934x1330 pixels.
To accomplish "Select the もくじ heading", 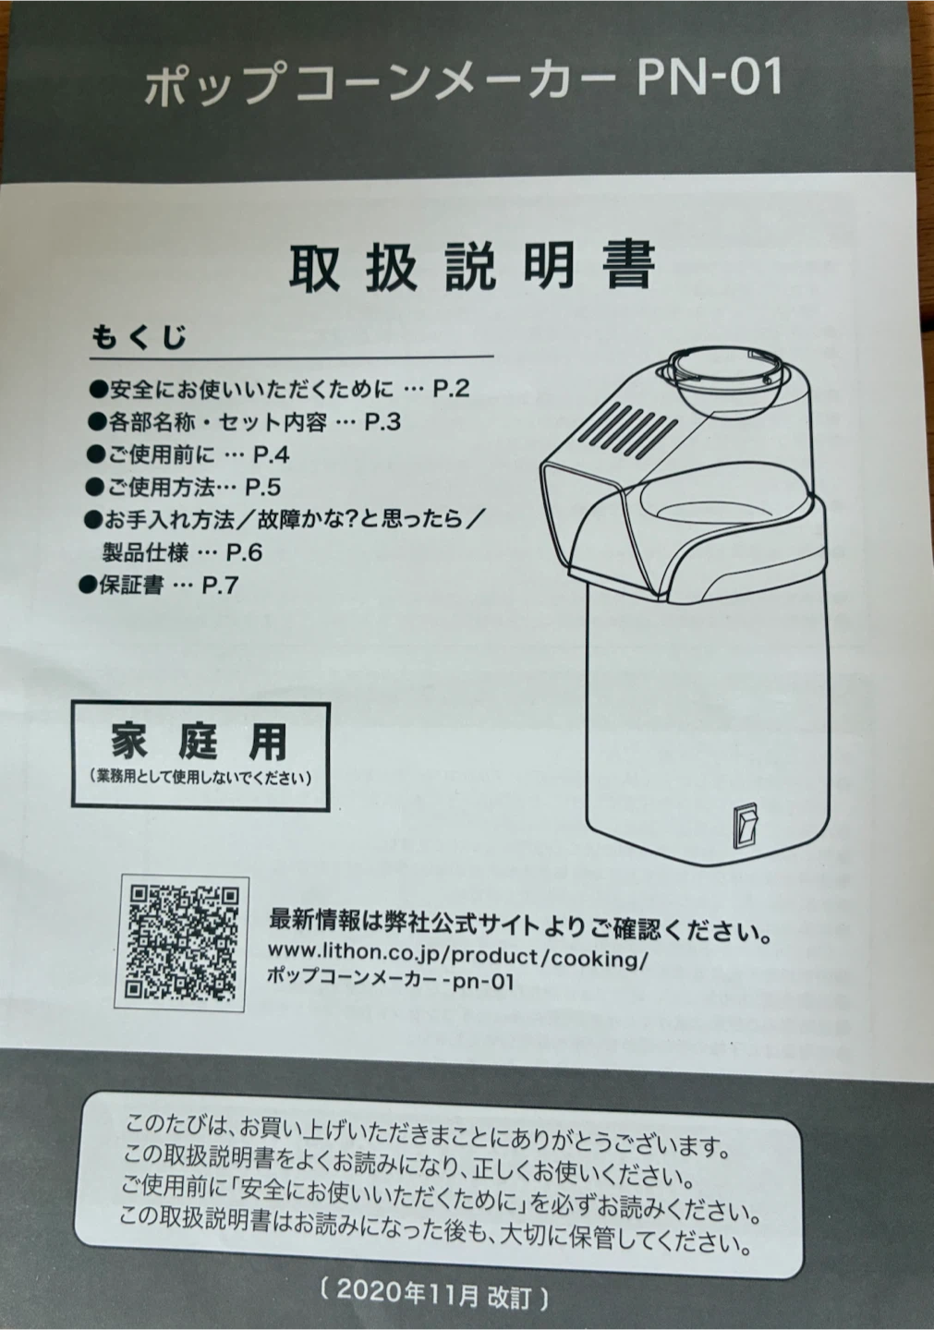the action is click(139, 336).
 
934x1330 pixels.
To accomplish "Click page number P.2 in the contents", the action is click(451, 388).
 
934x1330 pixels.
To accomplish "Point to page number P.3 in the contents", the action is click(382, 421).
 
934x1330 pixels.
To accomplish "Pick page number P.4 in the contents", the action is click(272, 454).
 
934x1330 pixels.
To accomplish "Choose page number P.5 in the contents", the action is click(263, 488).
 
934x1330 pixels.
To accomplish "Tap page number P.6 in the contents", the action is click(245, 552).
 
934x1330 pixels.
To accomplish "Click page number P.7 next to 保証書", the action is click(220, 586).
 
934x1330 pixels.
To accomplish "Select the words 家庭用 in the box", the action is click(200, 743).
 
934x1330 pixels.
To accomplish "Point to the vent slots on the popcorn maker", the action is click(627, 428).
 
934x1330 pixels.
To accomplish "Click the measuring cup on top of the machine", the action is click(724, 377).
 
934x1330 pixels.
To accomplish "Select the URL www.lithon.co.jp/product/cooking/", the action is click(456, 953).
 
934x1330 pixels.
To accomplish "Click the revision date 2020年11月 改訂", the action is click(433, 1298).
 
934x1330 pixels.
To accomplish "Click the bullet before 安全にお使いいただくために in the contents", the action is click(97, 390).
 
